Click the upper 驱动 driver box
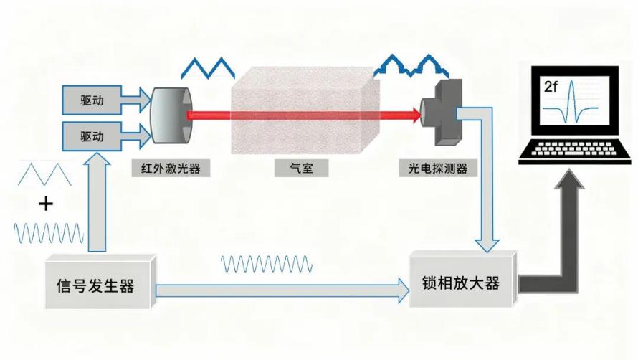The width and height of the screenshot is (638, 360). (92, 100)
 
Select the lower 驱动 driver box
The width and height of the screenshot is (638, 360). (92, 136)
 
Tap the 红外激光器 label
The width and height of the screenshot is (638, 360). (171, 169)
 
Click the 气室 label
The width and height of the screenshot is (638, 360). (302, 169)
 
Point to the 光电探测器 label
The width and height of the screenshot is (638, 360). (438, 169)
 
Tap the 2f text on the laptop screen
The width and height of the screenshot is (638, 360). (551, 87)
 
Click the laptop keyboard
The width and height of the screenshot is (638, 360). (574, 150)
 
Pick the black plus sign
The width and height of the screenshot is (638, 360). (46, 203)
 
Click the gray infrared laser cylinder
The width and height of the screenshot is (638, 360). (171, 115)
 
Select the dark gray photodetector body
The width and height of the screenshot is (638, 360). (444, 113)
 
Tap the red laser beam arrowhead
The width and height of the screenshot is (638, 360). (416, 115)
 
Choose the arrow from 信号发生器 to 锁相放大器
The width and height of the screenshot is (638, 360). (282, 290)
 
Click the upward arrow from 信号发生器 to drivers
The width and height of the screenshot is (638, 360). (97, 202)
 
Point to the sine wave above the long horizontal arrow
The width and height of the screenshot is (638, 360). (267, 264)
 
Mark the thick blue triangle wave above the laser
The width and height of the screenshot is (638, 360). (208, 68)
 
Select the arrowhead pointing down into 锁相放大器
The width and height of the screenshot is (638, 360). (487, 245)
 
